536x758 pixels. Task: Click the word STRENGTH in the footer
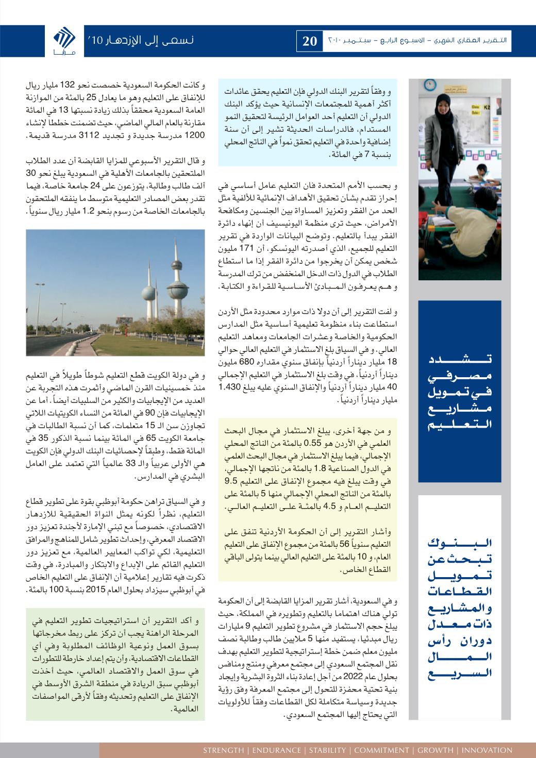(223, 750)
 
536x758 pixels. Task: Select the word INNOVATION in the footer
(487, 750)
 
